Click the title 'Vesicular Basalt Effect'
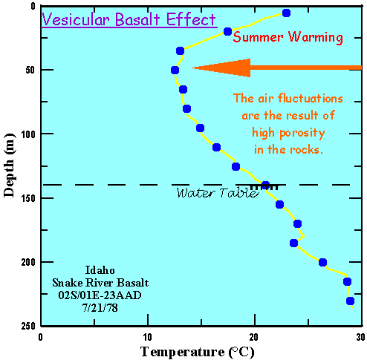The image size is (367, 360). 129,19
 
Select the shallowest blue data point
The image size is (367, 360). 286,13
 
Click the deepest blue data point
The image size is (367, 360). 350,301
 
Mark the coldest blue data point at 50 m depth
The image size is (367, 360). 175,71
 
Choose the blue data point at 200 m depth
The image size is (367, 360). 322,262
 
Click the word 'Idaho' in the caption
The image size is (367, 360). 94,268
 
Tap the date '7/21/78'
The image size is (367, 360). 94,305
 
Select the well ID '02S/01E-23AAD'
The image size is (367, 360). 94,293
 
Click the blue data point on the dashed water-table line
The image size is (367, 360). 266,186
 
